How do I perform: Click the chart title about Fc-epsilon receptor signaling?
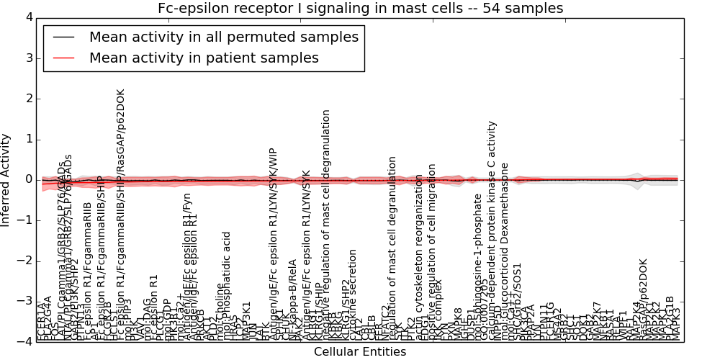[360, 8]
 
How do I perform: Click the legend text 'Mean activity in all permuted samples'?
[224, 37]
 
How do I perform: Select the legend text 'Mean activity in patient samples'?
[204, 58]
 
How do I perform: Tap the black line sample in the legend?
[64, 37]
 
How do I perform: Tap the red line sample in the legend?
[64, 58]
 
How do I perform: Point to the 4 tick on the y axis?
[28, 17]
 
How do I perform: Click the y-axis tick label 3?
[28, 58]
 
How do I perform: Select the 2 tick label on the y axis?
[28, 99]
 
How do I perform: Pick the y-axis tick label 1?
[28, 139]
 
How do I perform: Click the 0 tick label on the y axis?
[28, 179]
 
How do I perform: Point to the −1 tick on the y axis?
[25, 220]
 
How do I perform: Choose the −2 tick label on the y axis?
[25, 261]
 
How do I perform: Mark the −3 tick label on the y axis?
[25, 301]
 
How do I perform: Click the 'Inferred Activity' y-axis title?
[6, 180]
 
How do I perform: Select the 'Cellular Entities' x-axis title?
[360, 352]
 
